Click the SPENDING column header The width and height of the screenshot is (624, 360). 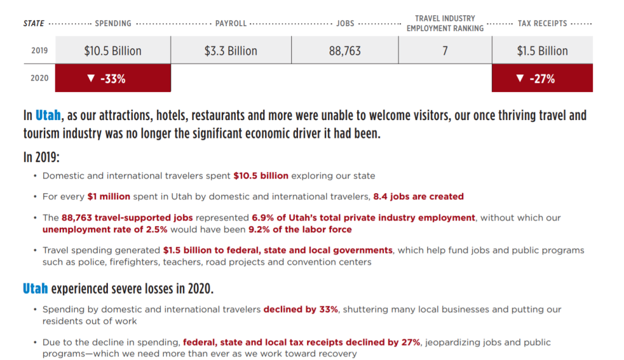click(x=113, y=24)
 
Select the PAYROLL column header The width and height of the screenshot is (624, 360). click(x=231, y=24)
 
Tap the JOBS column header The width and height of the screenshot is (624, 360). click(x=345, y=24)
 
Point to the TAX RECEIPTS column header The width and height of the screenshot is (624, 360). click(x=542, y=24)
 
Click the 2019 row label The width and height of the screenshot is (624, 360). click(x=40, y=51)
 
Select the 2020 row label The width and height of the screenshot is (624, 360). click(x=40, y=78)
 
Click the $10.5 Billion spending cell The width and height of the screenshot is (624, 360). click(x=113, y=51)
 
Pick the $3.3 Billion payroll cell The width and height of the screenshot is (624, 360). click(x=231, y=51)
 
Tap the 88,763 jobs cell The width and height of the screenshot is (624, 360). click(x=345, y=51)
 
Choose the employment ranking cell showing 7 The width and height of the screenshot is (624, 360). click(x=445, y=51)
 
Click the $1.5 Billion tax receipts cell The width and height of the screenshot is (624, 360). click(x=542, y=51)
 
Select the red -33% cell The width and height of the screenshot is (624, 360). click(x=113, y=78)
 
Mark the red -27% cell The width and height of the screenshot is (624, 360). click(x=542, y=78)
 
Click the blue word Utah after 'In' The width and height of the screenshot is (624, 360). click(x=48, y=115)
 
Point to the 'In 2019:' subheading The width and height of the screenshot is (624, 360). click(x=41, y=157)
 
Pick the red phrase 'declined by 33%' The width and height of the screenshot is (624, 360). click(x=300, y=309)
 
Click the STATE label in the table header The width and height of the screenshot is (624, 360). click(x=34, y=24)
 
